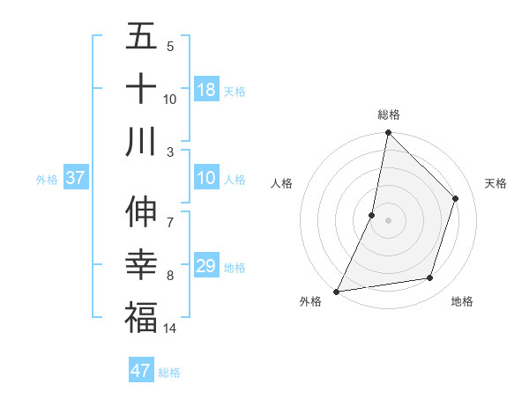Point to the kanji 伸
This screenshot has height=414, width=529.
tap(141, 212)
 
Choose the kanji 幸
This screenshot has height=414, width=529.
tap(141, 264)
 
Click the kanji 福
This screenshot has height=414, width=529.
tap(141, 316)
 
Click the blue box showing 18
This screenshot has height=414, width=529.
tap(206, 90)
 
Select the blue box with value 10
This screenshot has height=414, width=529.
tap(206, 179)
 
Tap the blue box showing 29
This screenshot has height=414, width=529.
tap(206, 266)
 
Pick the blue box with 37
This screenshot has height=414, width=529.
tap(76, 179)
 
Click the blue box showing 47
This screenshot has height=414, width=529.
tap(141, 371)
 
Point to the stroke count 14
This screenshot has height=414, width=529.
tap(170, 329)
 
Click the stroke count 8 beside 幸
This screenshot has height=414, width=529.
tap(170, 276)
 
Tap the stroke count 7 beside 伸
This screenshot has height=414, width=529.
tap(170, 214)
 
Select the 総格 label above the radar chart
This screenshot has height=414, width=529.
tap(389, 115)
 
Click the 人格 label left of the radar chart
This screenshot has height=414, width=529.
tap(282, 183)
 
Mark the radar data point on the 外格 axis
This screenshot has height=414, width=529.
tap(337, 291)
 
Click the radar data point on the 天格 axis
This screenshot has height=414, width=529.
tap(456, 198)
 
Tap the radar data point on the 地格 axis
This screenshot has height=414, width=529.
tap(430, 278)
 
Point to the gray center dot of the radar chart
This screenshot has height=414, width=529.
tap(388, 220)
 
